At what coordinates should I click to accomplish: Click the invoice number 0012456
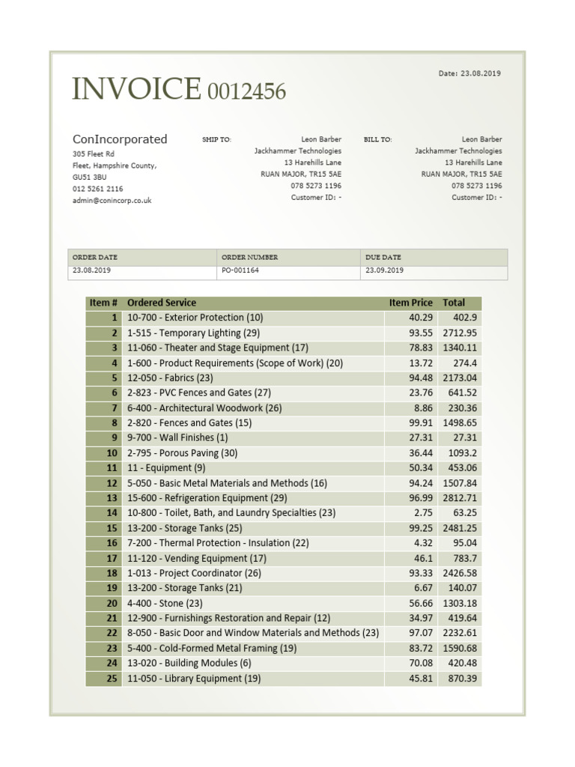pos(246,91)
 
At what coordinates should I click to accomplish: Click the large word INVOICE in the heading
pos(136,89)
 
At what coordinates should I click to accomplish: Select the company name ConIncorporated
pos(120,139)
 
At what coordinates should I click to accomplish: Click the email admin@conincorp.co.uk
pos(112,201)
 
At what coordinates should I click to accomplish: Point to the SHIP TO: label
pos(217,140)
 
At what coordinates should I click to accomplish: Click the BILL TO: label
pos(378,140)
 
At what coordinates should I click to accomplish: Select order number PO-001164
pos(240,270)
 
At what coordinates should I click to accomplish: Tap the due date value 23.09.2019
pos(385,270)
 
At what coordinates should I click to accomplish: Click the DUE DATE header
pos(384,257)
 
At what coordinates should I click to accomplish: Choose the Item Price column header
pos(410,303)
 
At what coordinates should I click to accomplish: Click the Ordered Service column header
pos(162,303)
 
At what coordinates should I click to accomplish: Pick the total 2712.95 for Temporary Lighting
pos(460,333)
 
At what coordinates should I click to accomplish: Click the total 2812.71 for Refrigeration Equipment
pos(460,498)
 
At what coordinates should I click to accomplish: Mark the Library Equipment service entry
pos(194,679)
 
